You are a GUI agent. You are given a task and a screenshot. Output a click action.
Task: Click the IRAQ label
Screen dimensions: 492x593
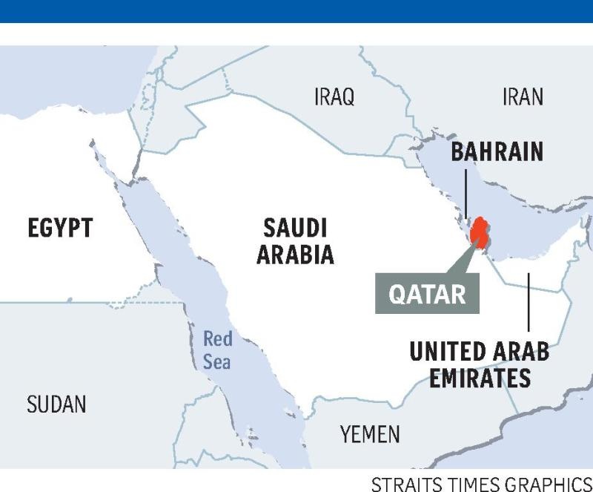point(334,96)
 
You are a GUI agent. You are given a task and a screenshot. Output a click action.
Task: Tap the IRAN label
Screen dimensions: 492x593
point(523,96)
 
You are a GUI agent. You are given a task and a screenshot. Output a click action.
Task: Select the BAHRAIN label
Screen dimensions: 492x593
point(497,152)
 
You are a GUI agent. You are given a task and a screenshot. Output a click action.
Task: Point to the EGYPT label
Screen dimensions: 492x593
point(61,228)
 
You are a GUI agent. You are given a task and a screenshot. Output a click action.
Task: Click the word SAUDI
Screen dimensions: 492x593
point(296,227)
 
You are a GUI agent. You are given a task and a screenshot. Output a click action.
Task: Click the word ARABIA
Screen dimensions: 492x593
point(296,255)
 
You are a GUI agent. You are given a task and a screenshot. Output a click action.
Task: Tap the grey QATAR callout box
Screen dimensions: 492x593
point(428,294)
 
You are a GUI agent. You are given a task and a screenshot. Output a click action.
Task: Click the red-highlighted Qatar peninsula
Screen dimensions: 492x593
point(480,232)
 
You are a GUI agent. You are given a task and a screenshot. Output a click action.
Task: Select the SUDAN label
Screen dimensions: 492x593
point(56,404)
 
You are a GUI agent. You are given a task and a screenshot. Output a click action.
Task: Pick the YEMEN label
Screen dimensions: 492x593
point(371,434)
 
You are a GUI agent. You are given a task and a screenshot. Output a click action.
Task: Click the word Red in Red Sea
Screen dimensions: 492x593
point(218,340)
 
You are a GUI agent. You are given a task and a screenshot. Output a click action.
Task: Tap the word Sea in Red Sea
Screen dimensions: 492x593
point(218,362)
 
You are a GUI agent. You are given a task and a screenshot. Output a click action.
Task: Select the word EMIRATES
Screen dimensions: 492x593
point(480,378)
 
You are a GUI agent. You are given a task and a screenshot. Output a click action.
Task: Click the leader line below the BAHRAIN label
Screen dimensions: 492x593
point(466,193)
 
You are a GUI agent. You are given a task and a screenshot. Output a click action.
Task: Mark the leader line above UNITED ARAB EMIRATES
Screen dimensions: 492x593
point(529,304)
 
